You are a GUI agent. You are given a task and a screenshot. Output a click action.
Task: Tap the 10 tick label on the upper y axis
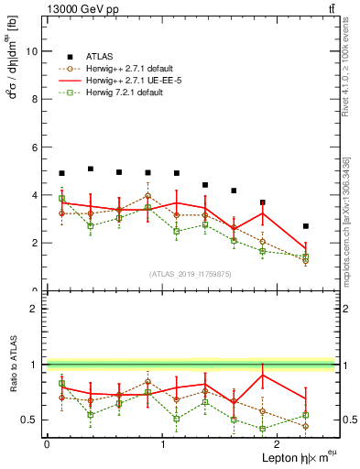[x=33, y=51]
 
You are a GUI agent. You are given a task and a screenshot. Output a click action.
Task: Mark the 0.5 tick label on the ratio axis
[x=30, y=420]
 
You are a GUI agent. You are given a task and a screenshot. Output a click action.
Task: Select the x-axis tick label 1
[x=163, y=444]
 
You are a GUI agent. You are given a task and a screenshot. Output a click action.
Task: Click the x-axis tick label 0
[x=47, y=444]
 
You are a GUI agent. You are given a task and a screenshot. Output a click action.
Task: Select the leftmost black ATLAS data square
[x=61, y=173]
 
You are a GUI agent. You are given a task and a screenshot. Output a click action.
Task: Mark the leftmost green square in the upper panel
[x=61, y=199]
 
